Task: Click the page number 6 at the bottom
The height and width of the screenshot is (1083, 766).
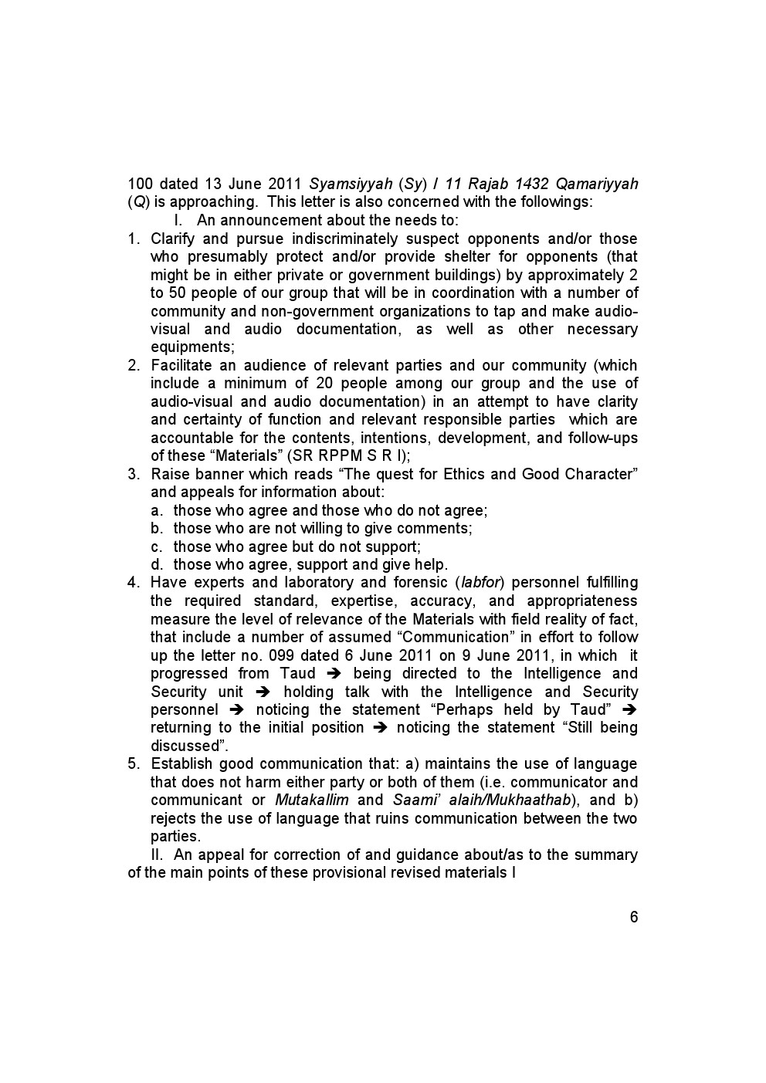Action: [634, 917]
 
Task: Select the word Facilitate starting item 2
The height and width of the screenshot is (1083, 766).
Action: [180, 365]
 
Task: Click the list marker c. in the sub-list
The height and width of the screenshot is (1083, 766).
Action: [157, 547]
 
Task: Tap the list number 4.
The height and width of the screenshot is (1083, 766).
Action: [133, 583]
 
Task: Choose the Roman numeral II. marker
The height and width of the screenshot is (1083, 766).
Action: [157, 855]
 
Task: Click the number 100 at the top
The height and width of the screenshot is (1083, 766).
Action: [140, 184]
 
